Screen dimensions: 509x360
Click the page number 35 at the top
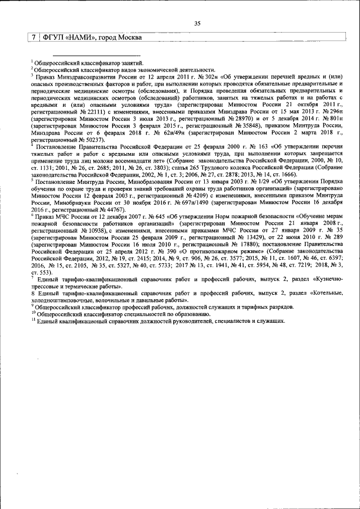(197, 24)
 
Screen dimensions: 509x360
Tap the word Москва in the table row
(127, 38)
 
